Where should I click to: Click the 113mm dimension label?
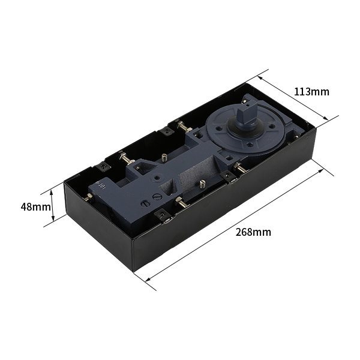pyautogui.click(x=311, y=92)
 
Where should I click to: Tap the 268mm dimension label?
pyautogui.click(x=253, y=232)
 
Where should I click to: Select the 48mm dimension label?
pyautogui.click(x=35, y=207)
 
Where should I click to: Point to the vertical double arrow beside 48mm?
pyautogui.click(x=52, y=205)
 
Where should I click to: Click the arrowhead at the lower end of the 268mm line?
pyautogui.click(x=148, y=279)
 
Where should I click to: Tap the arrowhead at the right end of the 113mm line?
pyautogui.click(x=325, y=118)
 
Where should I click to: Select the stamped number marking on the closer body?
pyautogui.click(x=100, y=185)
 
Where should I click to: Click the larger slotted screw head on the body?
pyautogui.click(x=157, y=197)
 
